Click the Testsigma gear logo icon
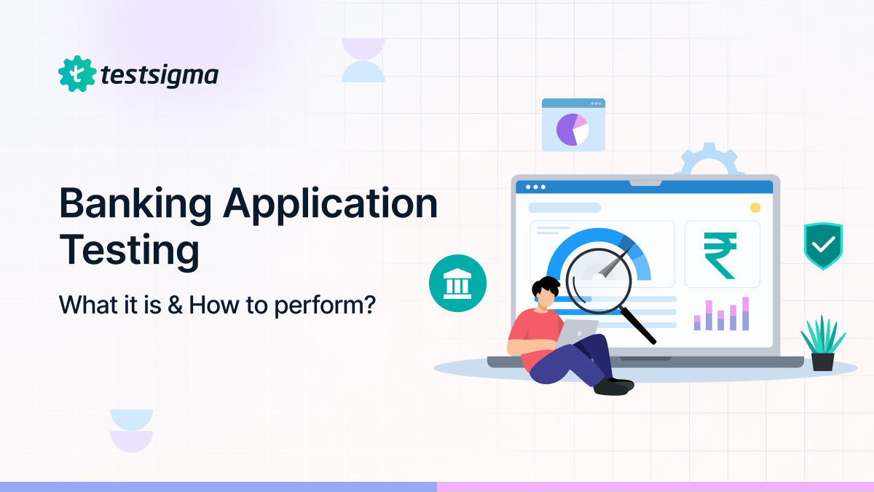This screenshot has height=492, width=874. [x=77, y=74]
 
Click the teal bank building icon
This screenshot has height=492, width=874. [x=457, y=283]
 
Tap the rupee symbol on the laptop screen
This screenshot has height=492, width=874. [x=721, y=255]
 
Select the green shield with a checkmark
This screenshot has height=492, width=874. [x=823, y=246]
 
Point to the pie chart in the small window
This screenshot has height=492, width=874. [x=572, y=130]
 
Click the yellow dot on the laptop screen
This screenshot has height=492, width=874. [x=755, y=208]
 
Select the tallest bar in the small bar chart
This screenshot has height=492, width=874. [x=745, y=313]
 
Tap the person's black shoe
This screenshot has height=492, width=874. [x=613, y=387]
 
